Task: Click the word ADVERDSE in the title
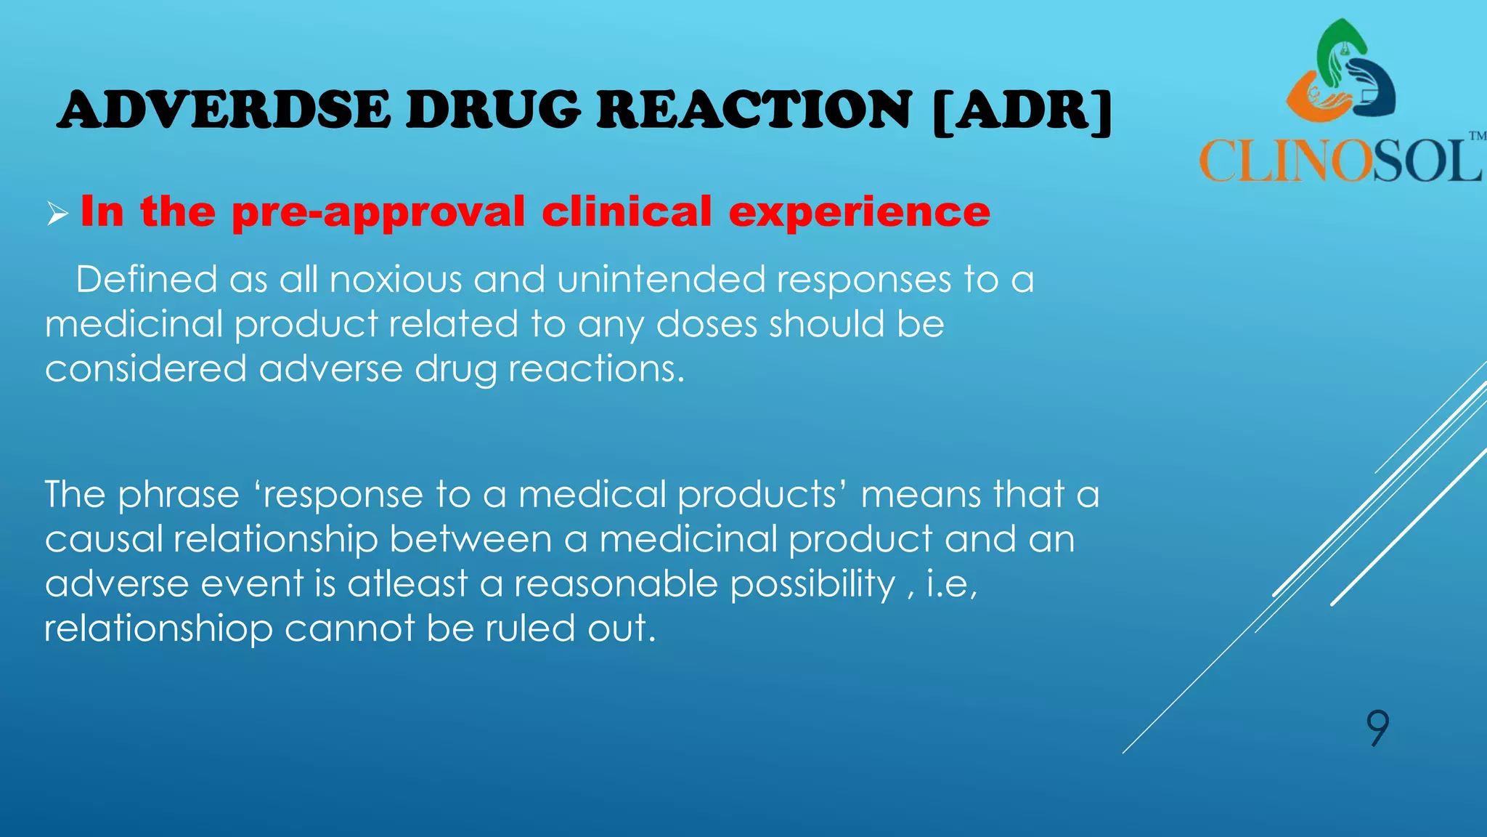pyautogui.click(x=224, y=110)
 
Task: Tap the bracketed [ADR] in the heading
pyautogui.click(x=1022, y=111)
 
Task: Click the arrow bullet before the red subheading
pyautogui.click(x=57, y=214)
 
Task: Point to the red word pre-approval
pyautogui.click(x=378, y=213)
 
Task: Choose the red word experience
pyautogui.click(x=859, y=213)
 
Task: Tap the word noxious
pyautogui.click(x=396, y=280)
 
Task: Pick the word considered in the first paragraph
pyautogui.click(x=146, y=368)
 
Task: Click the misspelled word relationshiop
pyautogui.click(x=158, y=628)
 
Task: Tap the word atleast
pyautogui.click(x=407, y=584)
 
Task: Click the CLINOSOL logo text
pyautogui.click(x=1340, y=160)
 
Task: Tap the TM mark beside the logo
pyautogui.click(x=1477, y=136)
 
